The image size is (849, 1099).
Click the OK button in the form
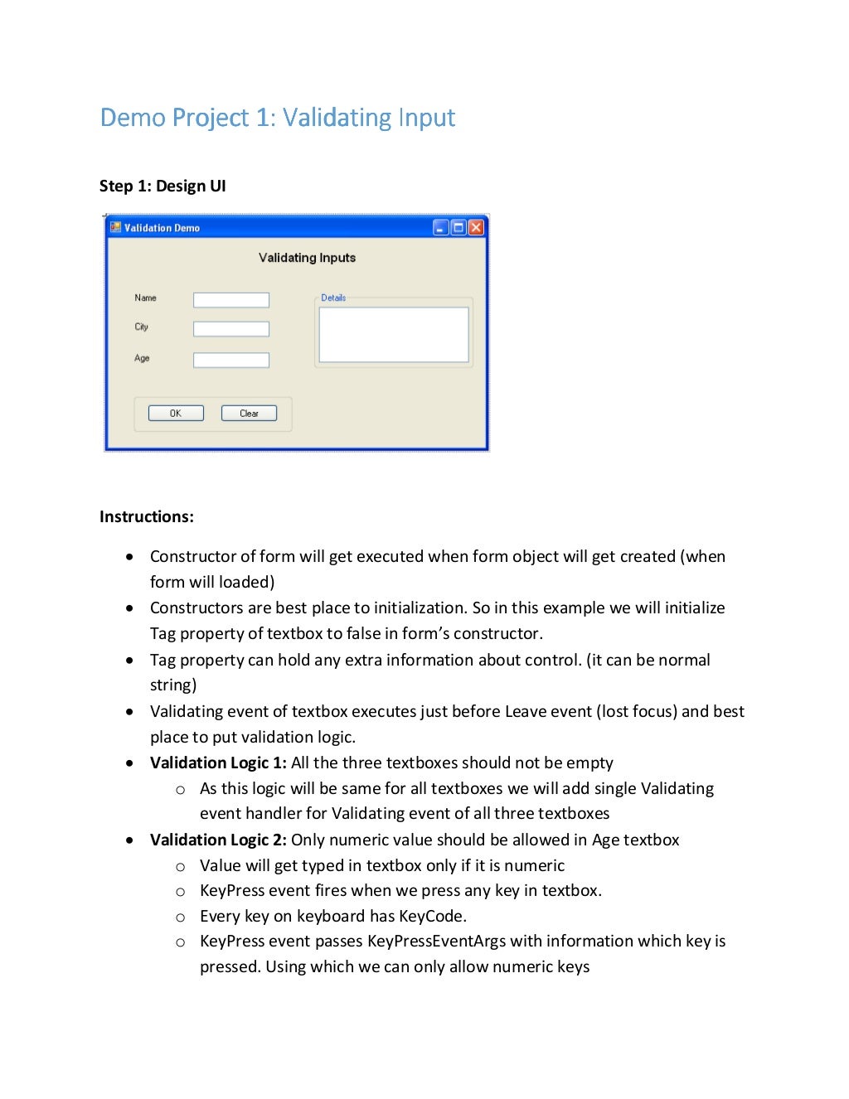point(176,414)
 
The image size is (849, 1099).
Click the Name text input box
point(231,300)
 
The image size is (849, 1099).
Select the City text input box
point(231,329)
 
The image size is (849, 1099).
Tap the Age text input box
point(231,360)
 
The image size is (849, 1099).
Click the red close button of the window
point(476,227)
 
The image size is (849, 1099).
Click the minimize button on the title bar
point(441,227)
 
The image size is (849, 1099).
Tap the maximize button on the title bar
point(458,227)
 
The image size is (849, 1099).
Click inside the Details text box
point(394,335)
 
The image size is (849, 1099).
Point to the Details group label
point(333,298)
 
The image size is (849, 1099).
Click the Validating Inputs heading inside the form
point(307,258)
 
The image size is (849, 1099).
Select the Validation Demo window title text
point(163,228)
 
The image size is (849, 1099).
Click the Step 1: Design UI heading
point(163,186)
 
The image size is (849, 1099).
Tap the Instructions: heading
point(147,516)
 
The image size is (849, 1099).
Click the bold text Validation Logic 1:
point(218,763)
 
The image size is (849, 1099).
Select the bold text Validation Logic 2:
point(218,840)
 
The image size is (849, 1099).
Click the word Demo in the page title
point(133,118)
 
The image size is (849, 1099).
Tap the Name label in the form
point(145,298)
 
